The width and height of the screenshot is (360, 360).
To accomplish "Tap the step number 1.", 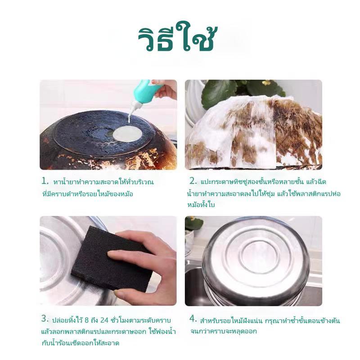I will tap(45, 181).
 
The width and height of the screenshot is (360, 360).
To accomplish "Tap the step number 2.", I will tap(193, 181).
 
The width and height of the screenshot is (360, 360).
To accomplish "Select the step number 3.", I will tap(45, 319).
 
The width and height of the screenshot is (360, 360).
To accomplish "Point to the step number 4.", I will tap(193, 319).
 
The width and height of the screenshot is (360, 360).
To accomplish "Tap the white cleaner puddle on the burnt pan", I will tap(127, 134).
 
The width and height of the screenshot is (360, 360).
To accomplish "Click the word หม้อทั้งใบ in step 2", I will tap(202, 204).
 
